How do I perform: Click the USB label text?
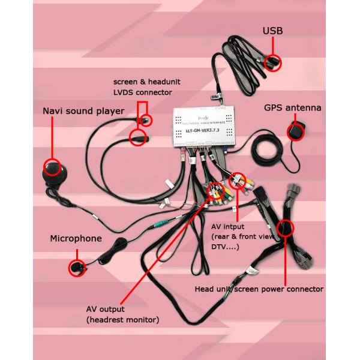(272, 30)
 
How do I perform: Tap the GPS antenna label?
(293, 108)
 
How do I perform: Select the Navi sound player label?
(83, 111)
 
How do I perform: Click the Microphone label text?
(76, 239)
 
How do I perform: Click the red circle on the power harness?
(285, 229)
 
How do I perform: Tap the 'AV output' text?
(106, 309)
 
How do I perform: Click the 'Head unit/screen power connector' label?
(259, 289)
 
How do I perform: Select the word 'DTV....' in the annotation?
(226, 247)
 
